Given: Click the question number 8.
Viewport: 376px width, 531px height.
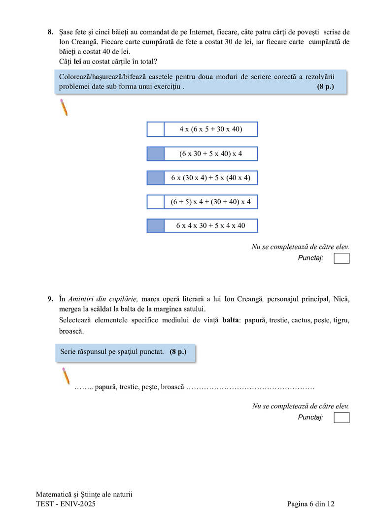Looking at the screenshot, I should tap(50, 32).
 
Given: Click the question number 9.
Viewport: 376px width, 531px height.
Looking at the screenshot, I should tap(50, 299).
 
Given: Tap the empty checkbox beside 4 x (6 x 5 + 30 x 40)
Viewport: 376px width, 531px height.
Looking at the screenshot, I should tap(155, 129).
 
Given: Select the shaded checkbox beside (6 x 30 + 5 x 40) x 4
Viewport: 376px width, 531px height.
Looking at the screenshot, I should tap(155, 154).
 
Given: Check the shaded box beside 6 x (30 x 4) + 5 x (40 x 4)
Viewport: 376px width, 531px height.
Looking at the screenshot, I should tap(155, 178).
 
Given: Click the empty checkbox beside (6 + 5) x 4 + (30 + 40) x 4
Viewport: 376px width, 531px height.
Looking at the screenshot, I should tap(155, 202).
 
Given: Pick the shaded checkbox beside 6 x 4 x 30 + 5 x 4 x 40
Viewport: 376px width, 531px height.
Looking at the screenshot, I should tap(155, 226).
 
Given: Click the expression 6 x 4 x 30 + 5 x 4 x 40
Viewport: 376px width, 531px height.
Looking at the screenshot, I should tap(210, 226).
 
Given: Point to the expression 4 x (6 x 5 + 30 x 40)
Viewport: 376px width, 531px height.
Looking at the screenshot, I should tap(210, 129).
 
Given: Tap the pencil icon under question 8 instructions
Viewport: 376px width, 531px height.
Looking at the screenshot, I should tap(64, 107).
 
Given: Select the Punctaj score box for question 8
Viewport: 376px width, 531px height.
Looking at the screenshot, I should tap(342, 258).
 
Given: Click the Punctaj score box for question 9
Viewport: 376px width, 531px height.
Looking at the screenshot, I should tap(342, 418).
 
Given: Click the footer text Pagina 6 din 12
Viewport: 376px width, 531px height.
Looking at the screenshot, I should tap(311, 504).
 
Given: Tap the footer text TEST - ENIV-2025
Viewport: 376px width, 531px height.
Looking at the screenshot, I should tap(66, 504).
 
